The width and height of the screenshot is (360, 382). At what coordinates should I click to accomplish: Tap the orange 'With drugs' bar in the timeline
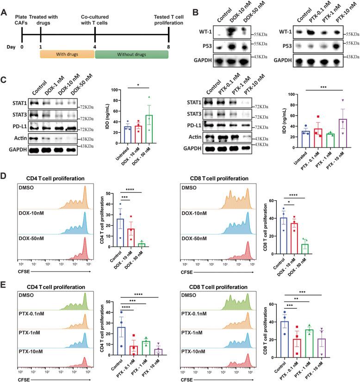(x=66, y=55)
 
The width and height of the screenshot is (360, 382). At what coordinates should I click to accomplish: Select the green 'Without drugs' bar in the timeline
(x=131, y=55)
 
